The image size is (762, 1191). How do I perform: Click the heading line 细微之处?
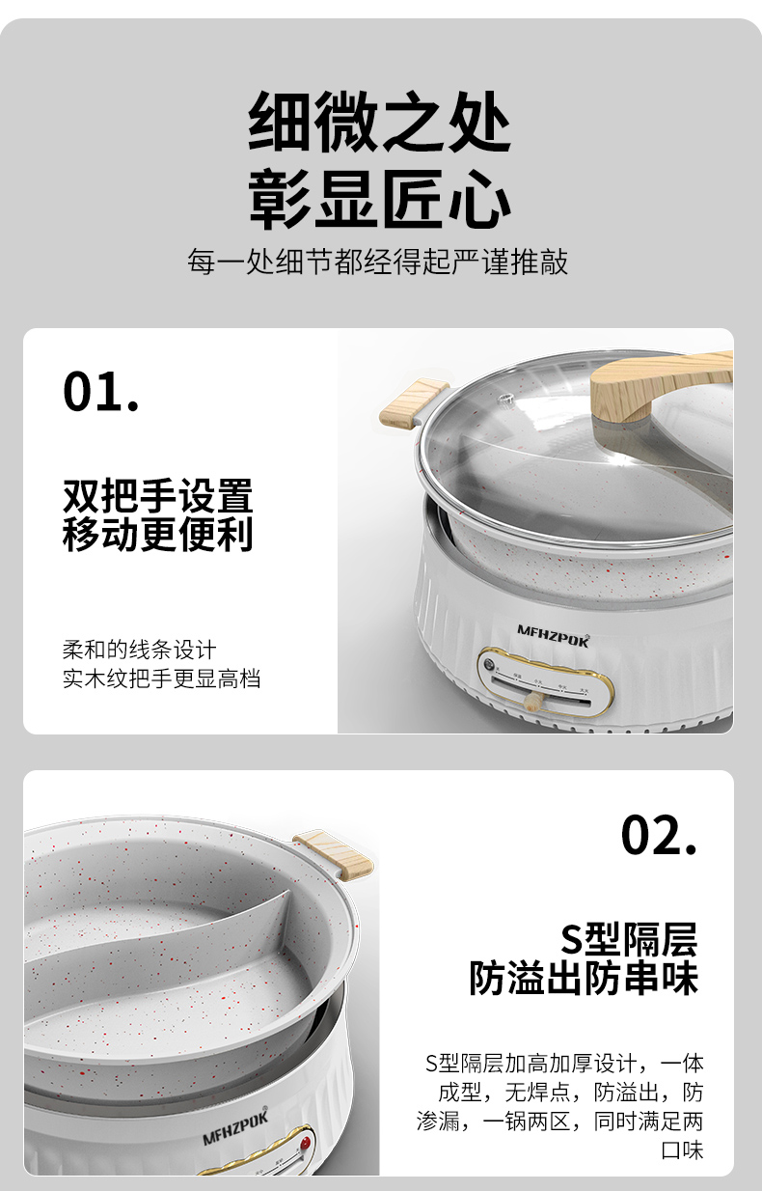pyautogui.click(x=380, y=124)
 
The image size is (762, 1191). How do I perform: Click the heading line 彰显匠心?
pyautogui.click(x=380, y=200)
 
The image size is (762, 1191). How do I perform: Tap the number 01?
pyautogui.click(x=101, y=392)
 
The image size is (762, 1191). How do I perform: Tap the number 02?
pyautogui.click(x=658, y=835)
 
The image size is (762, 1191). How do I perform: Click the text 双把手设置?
pyautogui.click(x=158, y=496)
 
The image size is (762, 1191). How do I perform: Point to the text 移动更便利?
pyautogui.click(x=158, y=535)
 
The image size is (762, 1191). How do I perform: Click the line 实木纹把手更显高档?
pyautogui.click(x=162, y=679)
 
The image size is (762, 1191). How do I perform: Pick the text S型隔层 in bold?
pyautogui.click(x=628, y=939)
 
